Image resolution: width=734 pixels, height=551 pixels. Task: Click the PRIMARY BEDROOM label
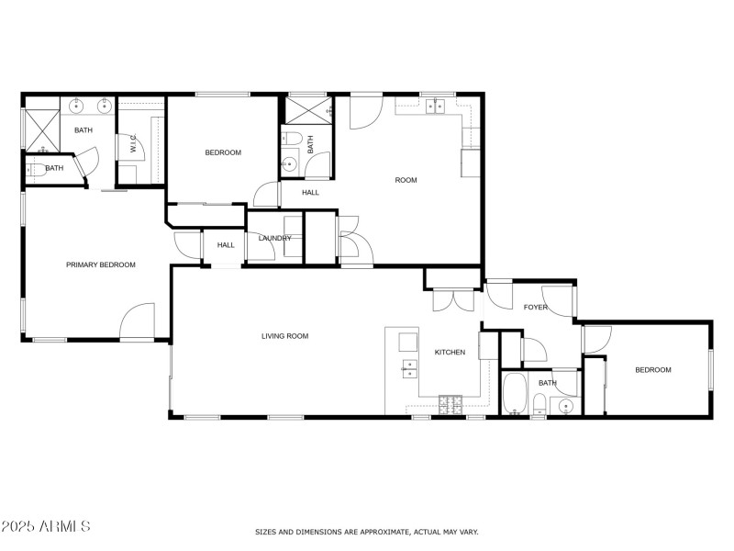pyautogui.click(x=100, y=264)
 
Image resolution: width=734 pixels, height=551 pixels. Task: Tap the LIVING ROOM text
pyautogui.click(x=284, y=336)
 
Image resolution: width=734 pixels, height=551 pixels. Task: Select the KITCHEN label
pyautogui.click(x=450, y=353)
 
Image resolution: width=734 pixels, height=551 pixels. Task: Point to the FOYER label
pyautogui.click(x=535, y=307)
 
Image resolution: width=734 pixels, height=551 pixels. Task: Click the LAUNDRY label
pyautogui.click(x=275, y=239)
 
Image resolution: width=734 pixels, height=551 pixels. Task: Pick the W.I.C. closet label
pyautogui.click(x=133, y=145)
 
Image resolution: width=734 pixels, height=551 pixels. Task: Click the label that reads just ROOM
pyautogui.click(x=406, y=180)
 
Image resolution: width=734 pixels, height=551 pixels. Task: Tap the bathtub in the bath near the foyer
pyautogui.click(x=515, y=394)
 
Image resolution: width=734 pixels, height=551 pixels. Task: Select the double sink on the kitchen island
pyautogui.click(x=409, y=368)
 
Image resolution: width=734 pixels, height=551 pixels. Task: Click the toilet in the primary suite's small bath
pyautogui.click(x=33, y=169)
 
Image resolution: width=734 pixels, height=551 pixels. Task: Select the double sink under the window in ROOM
pyautogui.click(x=436, y=105)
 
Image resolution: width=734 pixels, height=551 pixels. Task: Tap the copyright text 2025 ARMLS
pyautogui.click(x=46, y=526)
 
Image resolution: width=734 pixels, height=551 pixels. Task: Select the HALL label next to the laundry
pyautogui.click(x=226, y=244)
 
